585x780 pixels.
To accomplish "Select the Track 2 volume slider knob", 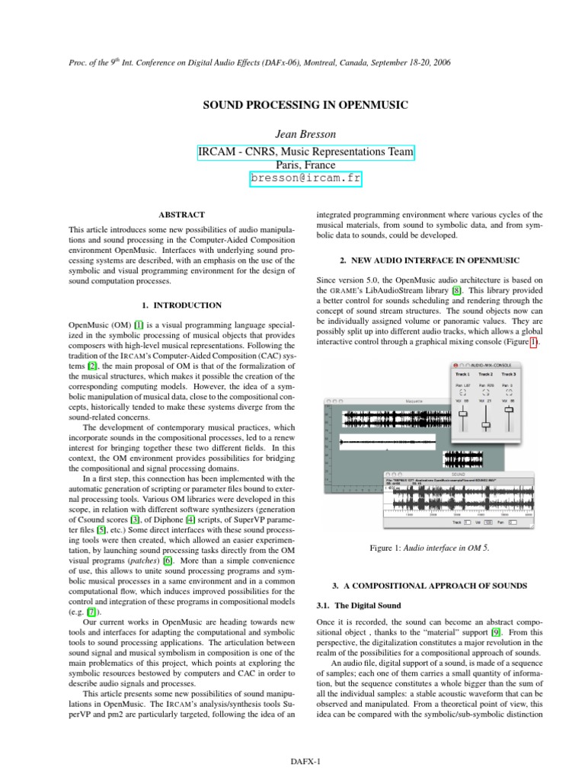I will [x=486, y=424].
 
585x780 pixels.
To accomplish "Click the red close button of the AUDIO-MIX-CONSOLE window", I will [x=456, y=366].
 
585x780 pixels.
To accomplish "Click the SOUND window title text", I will [x=458, y=473].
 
